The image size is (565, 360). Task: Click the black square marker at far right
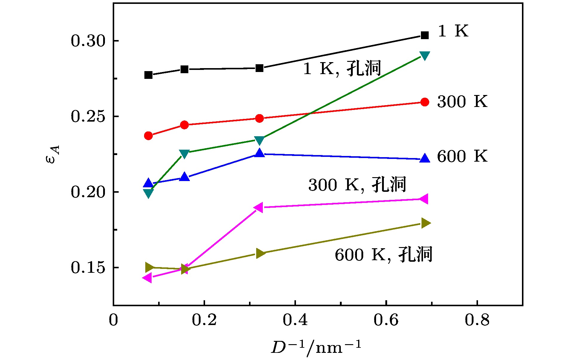[x=424, y=35]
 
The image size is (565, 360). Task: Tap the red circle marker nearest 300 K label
[x=424, y=102]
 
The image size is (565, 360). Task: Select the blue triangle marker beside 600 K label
[x=424, y=158]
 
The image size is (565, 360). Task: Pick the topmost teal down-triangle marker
[x=424, y=56]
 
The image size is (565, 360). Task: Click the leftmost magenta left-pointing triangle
[x=147, y=278]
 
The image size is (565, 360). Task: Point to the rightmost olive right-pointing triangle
[x=426, y=223]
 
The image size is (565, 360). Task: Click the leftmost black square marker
[x=148, y=75]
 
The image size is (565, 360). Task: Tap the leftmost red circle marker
[x=148, y=136]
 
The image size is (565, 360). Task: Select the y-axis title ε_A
[x=53, y=154]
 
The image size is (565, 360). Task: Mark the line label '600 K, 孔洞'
[x=383, y=255]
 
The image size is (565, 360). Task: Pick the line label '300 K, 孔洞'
[x=357, y=185]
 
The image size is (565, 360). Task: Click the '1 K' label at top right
[x=453, y=31]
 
